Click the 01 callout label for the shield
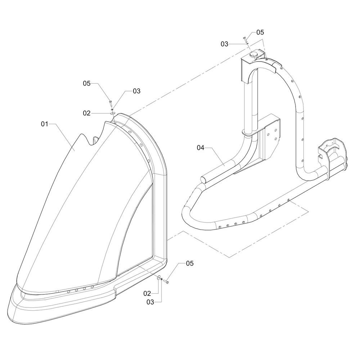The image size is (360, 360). click(x=44, y=124)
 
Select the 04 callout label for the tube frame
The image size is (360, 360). click(x=201, y=148)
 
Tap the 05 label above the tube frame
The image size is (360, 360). click(x=260, y=32)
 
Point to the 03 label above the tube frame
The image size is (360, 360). click(x=225, y=44)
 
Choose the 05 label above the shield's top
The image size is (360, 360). click(x=87, y=84)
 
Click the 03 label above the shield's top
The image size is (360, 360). click(x=136, y=91)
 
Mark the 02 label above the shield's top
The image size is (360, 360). click(x=87, y=113)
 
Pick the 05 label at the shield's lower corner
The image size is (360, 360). click(x=190, y=264)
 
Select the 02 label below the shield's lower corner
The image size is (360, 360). click(x=147, y=293)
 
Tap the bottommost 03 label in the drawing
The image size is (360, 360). click(x=150, y=302)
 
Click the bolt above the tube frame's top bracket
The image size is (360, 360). click(x=245, y=39)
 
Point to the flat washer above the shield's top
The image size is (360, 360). click(x=113, y=113)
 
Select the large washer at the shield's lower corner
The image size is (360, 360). click(x=159, y=278)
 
